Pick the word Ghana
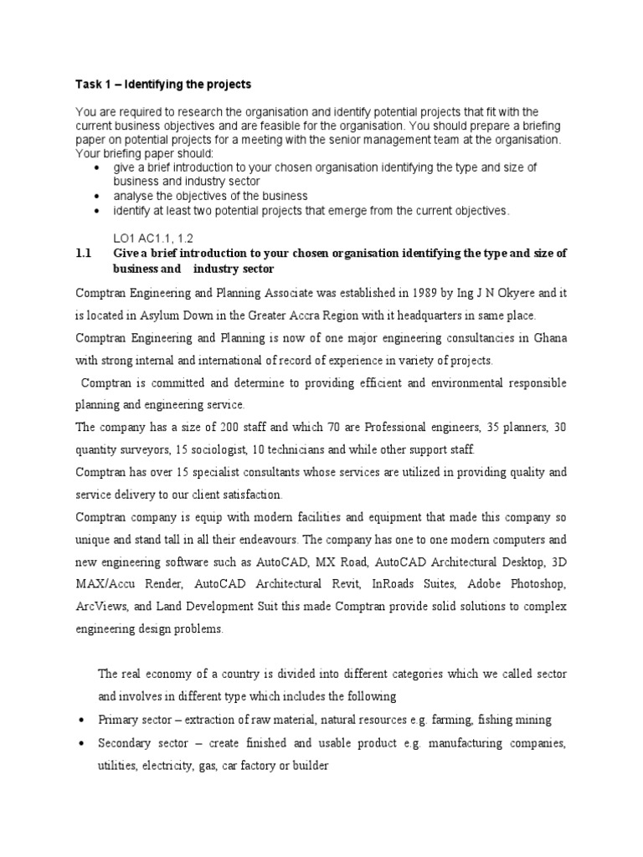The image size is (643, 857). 548,338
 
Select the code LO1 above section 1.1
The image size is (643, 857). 126,238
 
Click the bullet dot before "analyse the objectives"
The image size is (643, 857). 99,196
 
